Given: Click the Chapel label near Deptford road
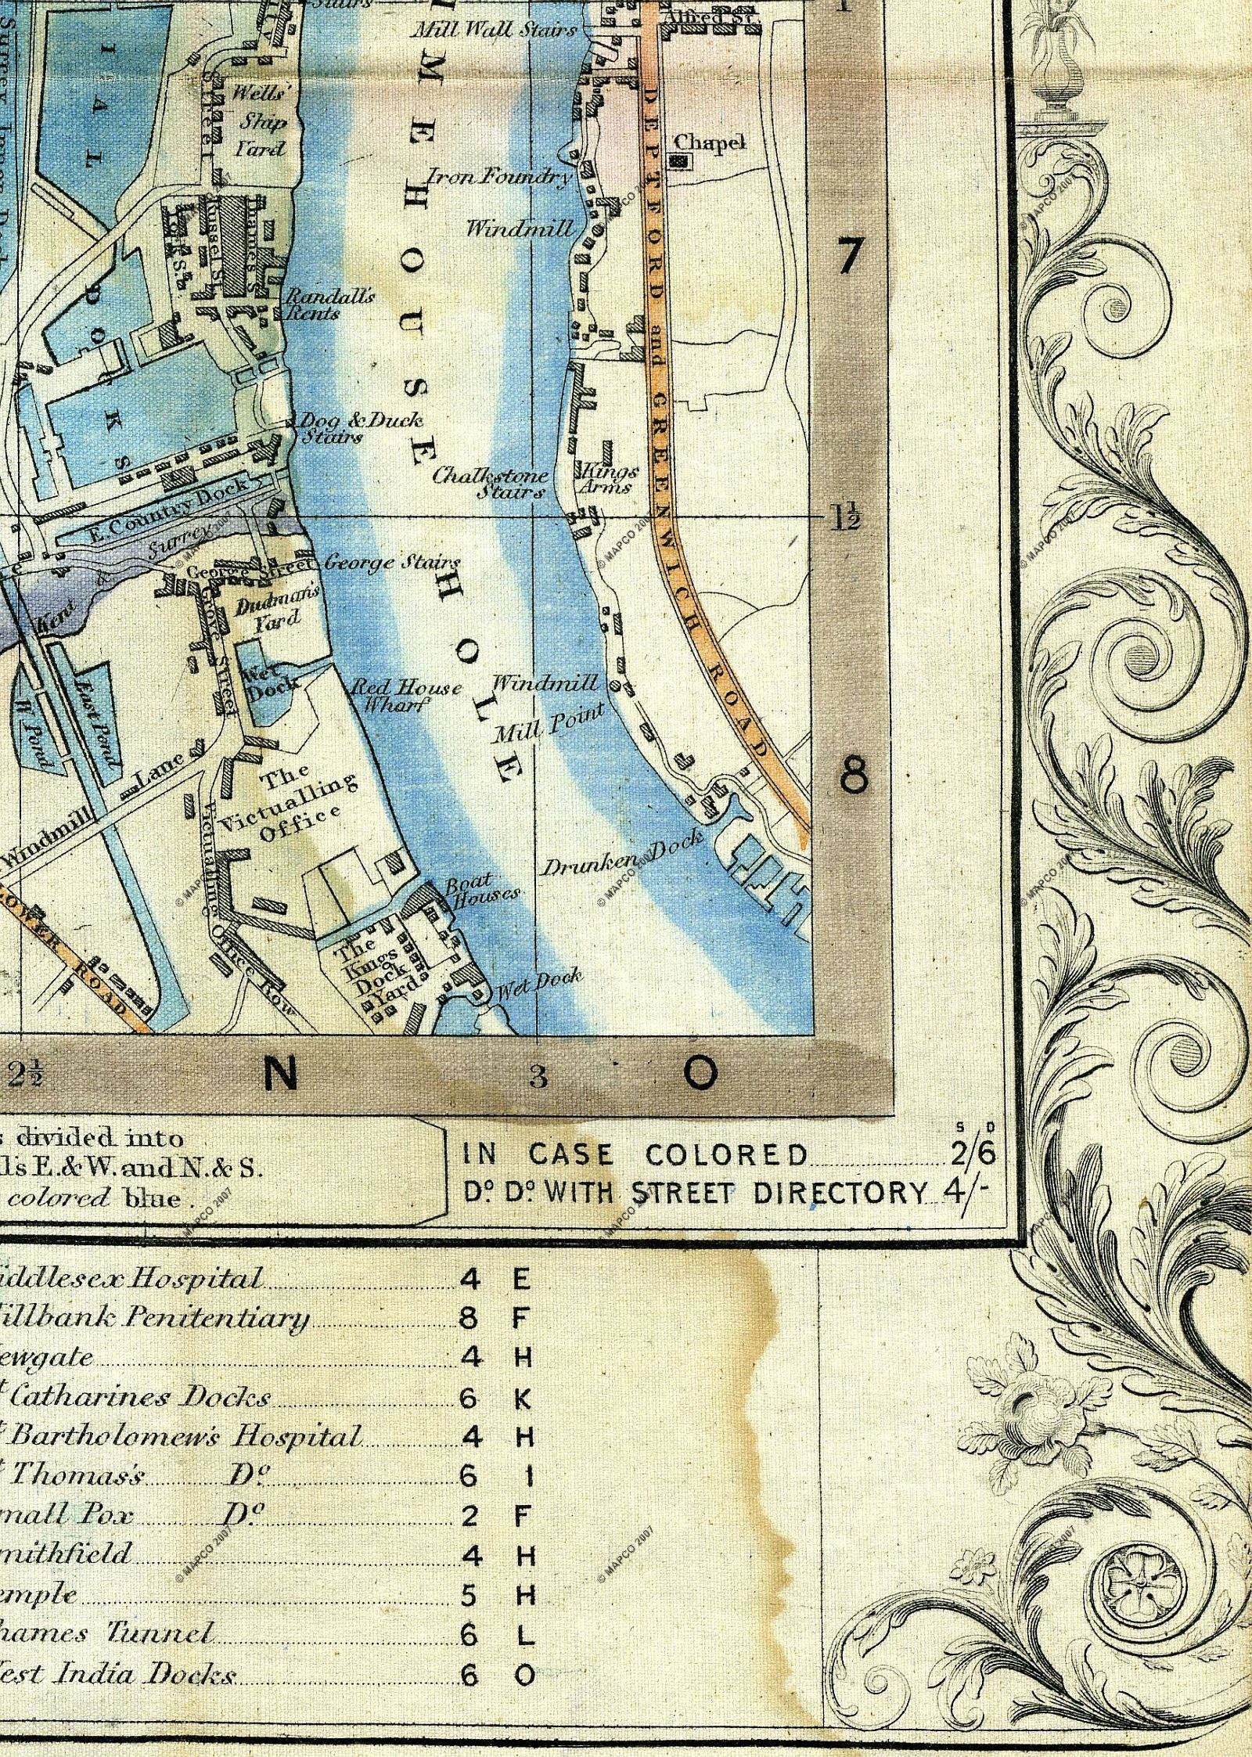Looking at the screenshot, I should pos(710,142).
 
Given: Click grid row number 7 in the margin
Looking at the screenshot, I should pos(850,255).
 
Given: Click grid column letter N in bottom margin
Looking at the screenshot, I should pos(282,1077).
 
